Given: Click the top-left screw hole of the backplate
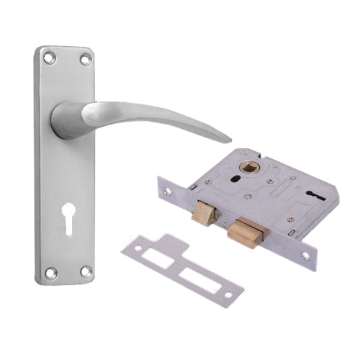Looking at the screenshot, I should click(48, 55).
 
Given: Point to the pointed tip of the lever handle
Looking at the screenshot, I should click(230, 138).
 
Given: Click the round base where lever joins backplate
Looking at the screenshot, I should click(66, 120).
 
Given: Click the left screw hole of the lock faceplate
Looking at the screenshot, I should click(168, 191).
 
